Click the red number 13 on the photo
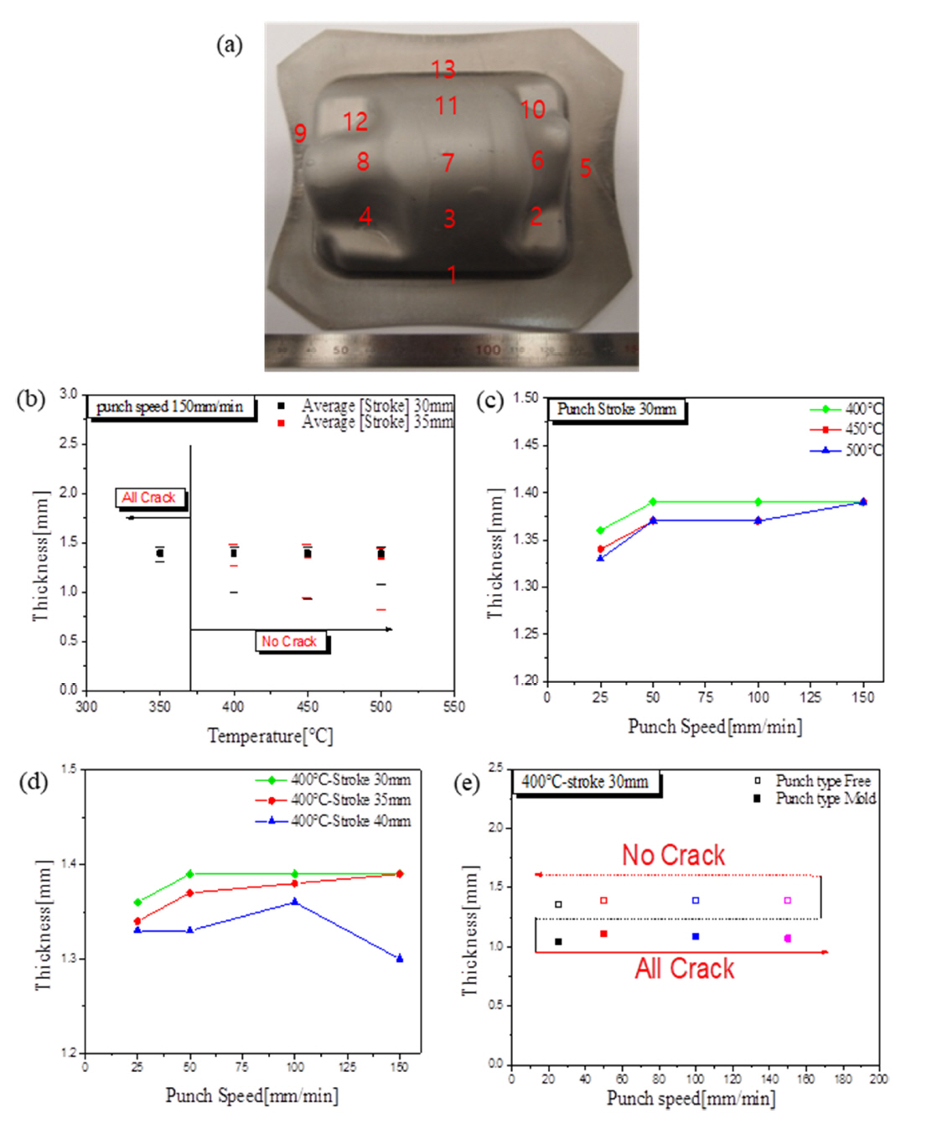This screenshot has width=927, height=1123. point(443,69)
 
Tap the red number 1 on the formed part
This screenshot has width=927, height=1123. point(452,273)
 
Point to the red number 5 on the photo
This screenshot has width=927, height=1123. point(586,168)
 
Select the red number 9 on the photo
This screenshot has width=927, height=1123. point(300,132)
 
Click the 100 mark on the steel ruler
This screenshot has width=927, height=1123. point(488,349)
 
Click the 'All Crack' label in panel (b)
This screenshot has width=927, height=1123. point(148,498)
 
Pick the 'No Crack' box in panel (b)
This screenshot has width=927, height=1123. point(289,641)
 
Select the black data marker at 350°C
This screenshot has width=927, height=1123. point(160,553)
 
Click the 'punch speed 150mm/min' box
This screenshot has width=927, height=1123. point(170,407)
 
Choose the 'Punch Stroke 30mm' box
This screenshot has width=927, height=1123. point(617,409)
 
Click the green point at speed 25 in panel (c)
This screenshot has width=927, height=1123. point(600,530)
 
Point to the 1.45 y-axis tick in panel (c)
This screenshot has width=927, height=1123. point(526,444)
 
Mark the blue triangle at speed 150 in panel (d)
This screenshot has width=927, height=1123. point(400,958)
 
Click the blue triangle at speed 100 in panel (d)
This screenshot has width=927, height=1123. point(294,902)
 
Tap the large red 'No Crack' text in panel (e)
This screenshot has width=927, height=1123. point(673,855)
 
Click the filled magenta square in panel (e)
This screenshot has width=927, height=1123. point(787,939)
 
